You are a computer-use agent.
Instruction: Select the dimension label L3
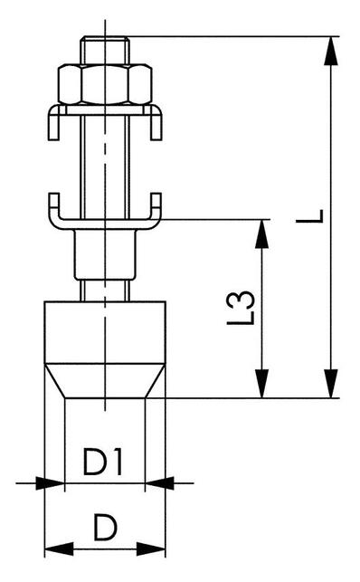click(241, 308)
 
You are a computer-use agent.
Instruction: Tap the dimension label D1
click(102, 462)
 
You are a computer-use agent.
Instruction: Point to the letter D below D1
click(105, 527)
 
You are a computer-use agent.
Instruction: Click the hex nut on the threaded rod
click(105, 84)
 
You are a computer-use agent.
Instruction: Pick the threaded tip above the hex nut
click(105, 50)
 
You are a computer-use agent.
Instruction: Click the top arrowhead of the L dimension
click(331, 51)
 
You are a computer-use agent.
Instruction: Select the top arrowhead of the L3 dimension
click(262, 234)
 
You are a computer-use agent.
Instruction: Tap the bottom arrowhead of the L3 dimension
click(262, 384)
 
